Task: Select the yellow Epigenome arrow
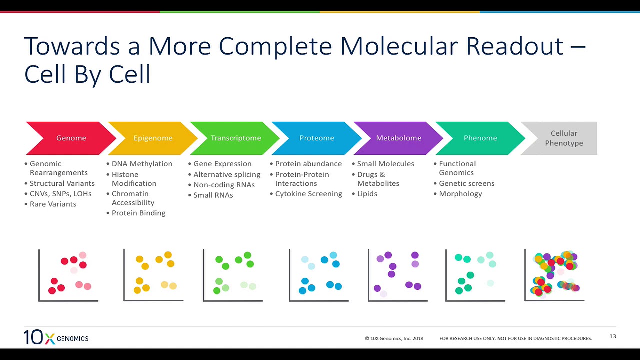pyautogui.click(x=153, y=138)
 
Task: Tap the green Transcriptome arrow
pyautogui.click(x=235, y=138)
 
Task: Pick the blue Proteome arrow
pyautogui.click(x=317, y=138)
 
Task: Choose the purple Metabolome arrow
pyautogui.click(x=398, y=138)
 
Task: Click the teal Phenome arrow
pyautogui.click(x=480, y=138)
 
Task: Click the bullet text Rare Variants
pyautogui.click(x=53, y=204)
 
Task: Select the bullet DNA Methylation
pyautogui.click(x=142, y=164)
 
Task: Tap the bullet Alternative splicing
pyautogui.click(x=227, y=174)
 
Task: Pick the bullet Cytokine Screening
pyautogui.click(x=308, y=194)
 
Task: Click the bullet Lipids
pyautogui.click(x=367, y=194)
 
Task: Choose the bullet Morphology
pyautogui.click(x=460, y=194)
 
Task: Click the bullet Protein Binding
pyautogui.click(x=138, y=213)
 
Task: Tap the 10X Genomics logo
pyautogui.click(x=56, y=338)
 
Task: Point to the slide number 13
pyautogui.click(x=613, y=336)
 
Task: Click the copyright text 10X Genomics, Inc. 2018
pyautogui.click(x=394, y=338)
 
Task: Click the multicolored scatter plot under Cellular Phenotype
pyautogui.click(x=555, y=275)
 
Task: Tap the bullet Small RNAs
pyautogui.click(x=213, y=195)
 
